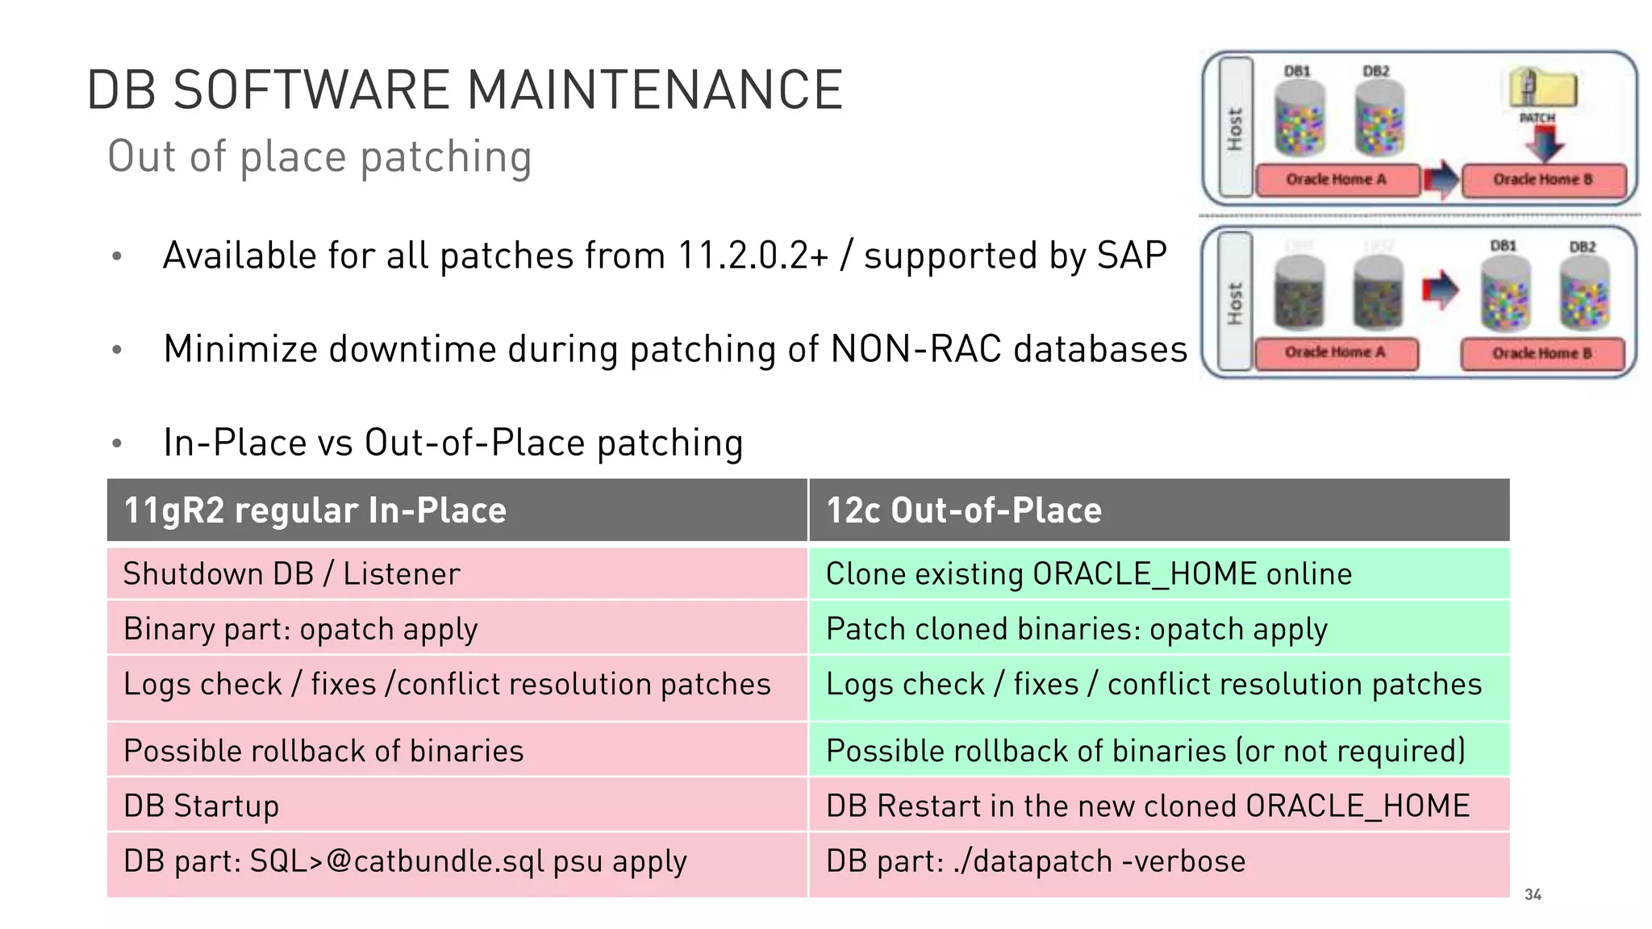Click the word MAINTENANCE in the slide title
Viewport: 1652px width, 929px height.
(654, 90)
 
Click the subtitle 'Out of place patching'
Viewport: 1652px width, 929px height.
(319, 156)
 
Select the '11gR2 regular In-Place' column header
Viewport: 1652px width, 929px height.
(315, 510)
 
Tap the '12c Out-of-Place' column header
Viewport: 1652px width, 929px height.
(964, 510)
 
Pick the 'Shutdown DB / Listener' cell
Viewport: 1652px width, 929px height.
(291, 574)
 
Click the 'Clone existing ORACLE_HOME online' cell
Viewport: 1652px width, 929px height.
(1088, 574)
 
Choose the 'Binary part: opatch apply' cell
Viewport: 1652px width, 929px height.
(300, 629)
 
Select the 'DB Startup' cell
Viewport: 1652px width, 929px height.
(201, 806)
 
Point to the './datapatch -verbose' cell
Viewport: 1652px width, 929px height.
(1036, 861)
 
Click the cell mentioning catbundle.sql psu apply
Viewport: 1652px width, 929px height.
(405, 861)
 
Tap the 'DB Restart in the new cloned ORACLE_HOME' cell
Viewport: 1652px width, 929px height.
(1147, 806)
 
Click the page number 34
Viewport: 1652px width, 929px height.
(1533, 894)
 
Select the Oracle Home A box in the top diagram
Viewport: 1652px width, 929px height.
(1337, 180)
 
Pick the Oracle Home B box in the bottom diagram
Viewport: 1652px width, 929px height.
(1541, 353)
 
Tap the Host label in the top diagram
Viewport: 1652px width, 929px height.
(1235, 129)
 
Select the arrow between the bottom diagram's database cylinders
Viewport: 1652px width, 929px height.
(1440, 290)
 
